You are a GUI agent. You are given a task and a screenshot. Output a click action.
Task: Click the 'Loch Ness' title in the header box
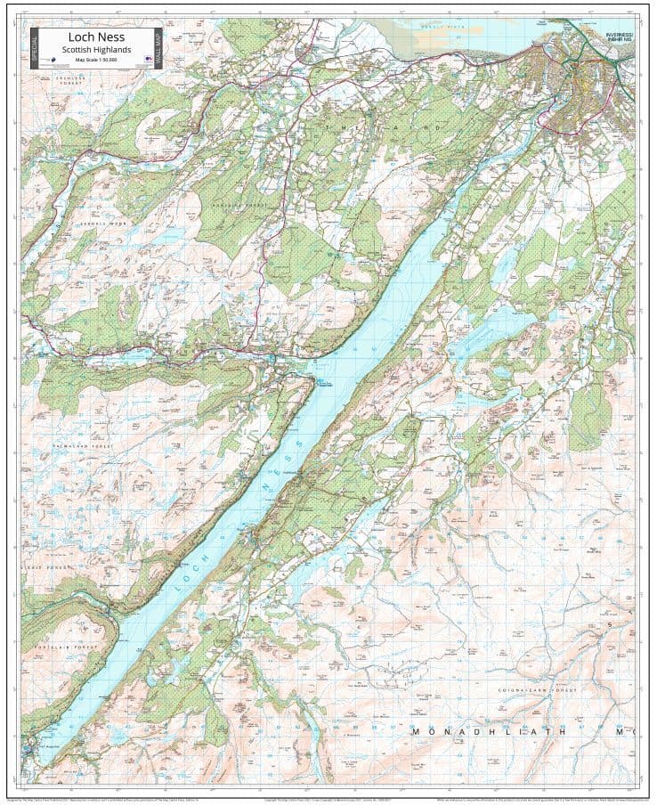pyautogui.click(x=96, y=37)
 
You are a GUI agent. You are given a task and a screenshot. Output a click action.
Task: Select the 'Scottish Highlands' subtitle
pyautogui.click(x=96, y=50)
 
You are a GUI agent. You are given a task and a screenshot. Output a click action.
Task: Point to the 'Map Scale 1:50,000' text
pyautogui.click(x=96, y=60)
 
